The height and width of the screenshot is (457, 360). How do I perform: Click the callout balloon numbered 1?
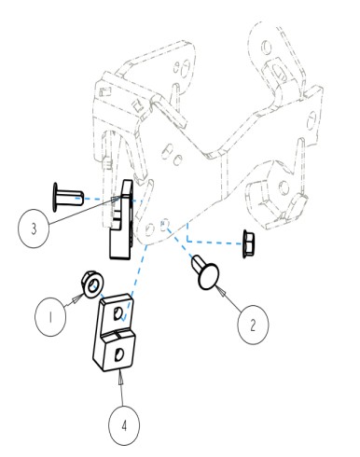pyautogui.click(x=50, y=317)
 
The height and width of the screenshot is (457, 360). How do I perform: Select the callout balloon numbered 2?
pyautogui.click(x=253, y=325)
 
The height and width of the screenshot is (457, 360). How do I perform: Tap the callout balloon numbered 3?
pyautogui.click(x=34, y=228)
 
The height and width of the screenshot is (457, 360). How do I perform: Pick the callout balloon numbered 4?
pyautogui.click(x=124, y=425)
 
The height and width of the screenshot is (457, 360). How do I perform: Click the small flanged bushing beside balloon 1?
pyautogui.click(x=92, y=284)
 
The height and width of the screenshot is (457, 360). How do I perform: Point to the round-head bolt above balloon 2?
pyautogui.click(x=205, y=270)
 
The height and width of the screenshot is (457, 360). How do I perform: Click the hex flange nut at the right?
pyautogui.click(x=248, y=244)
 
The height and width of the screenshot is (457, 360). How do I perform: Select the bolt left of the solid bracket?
pyautogui.click(x=68, y=198)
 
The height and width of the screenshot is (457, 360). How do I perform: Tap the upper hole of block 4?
pyautogui.click(x=118, y=313)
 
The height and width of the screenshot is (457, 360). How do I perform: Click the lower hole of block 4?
pyautogui.click(x=118, y=354)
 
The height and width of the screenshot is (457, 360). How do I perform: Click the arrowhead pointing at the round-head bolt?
pyautogui.click(x=222, y=292)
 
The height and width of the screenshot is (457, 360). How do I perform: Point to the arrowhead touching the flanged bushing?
pyautogui.click(x=78, y=298)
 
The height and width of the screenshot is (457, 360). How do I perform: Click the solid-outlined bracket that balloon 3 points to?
pyautogui.click(x=121, y=221)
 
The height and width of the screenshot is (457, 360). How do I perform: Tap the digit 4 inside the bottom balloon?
pyautogui.click(x=124, y=425)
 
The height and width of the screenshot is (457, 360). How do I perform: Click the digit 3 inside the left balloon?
pyautogui.click(x=34, y=228)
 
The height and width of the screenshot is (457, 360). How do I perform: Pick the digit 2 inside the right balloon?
pyautogui.click(x=253, y=325)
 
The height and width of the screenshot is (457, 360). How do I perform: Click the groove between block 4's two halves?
pyautogui.click(x=118, y=333)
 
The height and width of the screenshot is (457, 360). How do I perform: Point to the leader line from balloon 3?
pyautogui.click(x=83, y=211)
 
